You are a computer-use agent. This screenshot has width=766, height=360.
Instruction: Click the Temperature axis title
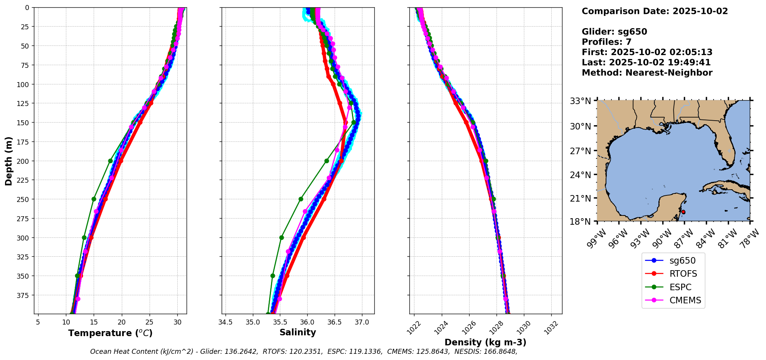point(110,333)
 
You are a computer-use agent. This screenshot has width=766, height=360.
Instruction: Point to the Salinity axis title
point(298,332)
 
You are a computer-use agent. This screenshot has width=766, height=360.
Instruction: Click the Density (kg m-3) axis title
point(485,342)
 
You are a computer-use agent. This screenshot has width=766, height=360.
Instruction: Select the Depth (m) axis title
point(8,161)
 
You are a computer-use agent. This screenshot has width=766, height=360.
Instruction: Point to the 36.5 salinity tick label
point(334,322)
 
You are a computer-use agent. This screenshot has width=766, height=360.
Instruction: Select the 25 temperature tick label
point(150,322)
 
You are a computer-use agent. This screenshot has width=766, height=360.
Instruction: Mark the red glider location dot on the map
point(683,212)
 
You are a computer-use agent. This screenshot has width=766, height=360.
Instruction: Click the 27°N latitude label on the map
point(581,151)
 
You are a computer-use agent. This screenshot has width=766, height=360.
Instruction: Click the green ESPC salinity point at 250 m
point(301,199)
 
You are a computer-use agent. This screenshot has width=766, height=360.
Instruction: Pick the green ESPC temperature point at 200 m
point(110,161)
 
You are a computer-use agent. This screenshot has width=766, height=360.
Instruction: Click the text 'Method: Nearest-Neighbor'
point(647,73)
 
